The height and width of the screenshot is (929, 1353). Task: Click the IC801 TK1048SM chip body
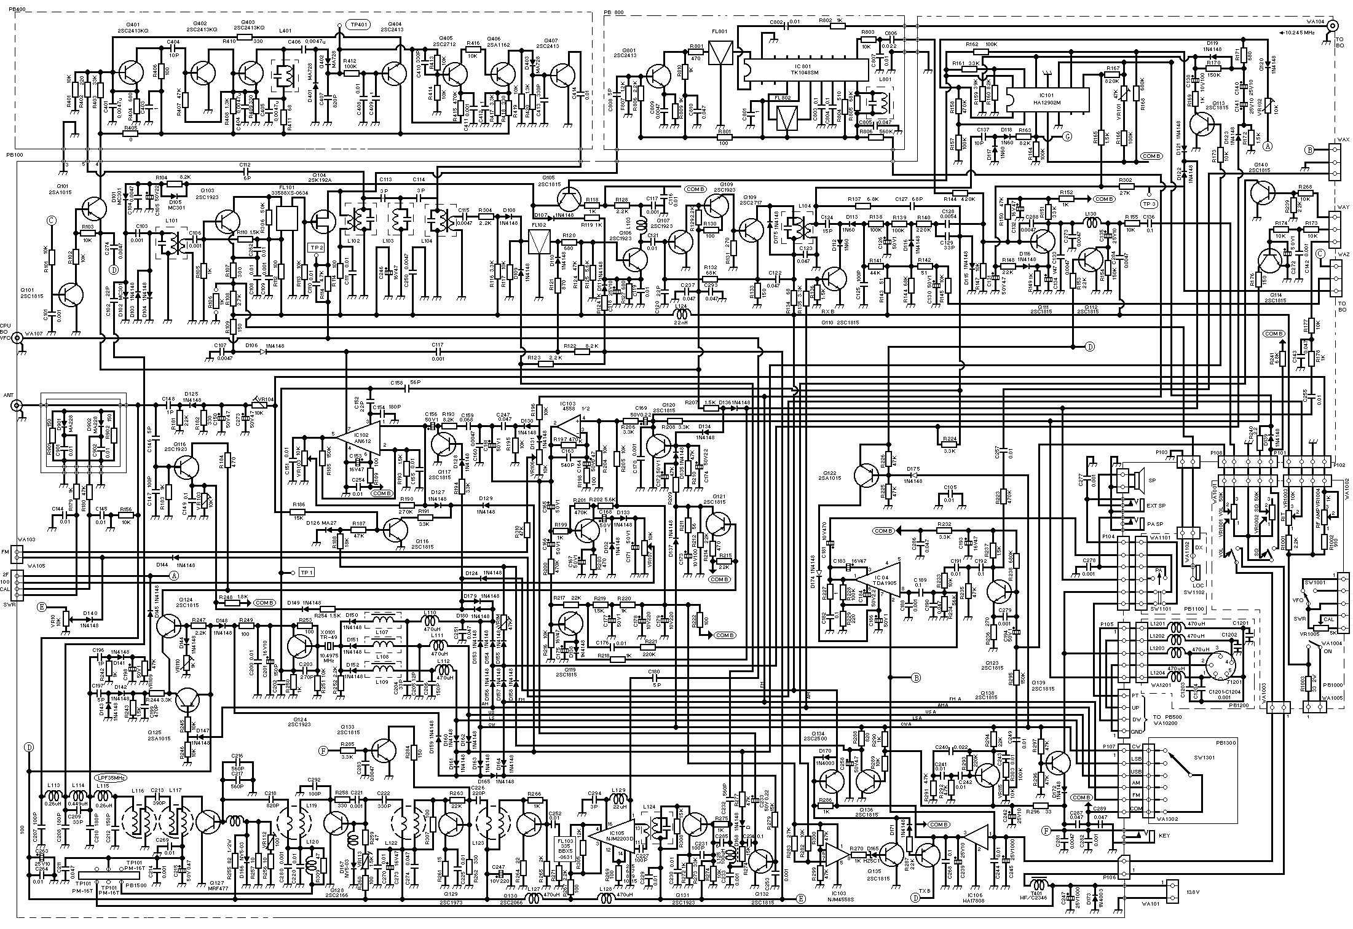coord(805,69)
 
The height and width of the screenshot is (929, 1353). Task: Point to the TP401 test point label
coord(356,25)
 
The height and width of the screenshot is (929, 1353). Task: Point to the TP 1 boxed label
coord(306,573)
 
